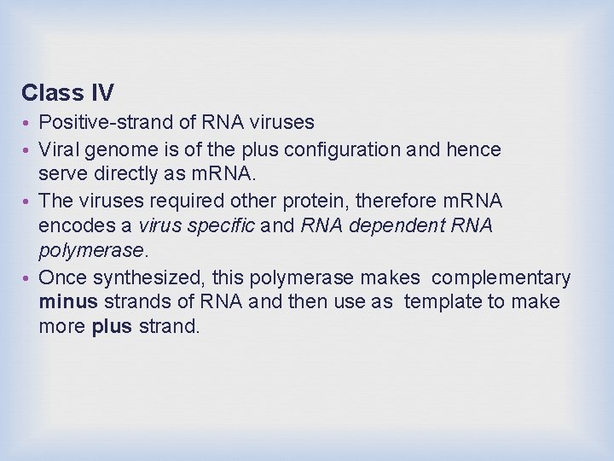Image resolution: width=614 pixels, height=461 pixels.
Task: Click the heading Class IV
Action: pyautogui.click(x=67, y=92)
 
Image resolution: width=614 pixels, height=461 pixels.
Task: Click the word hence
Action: pyautogui.click(x=474, y=149)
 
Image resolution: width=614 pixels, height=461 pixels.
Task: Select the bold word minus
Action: pyautogui.click(x=67, y=302)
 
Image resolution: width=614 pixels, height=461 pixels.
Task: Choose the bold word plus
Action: pyautogui.click(x=111, y=327)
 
